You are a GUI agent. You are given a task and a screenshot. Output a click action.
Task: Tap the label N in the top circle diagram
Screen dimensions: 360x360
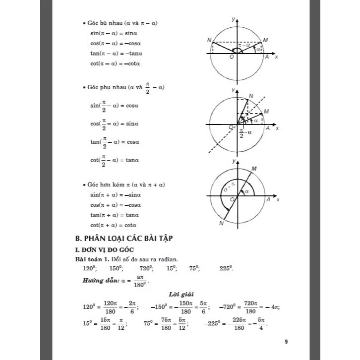209,40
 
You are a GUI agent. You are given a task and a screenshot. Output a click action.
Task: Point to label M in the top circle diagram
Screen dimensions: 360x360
265,40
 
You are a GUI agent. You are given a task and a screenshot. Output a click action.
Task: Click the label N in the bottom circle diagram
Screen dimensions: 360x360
221,224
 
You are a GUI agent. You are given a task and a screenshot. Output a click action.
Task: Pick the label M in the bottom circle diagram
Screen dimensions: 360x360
254,170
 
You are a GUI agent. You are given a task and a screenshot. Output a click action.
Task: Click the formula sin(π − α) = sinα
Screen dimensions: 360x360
114,33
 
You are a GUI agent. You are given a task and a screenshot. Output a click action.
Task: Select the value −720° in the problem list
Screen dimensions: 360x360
144,268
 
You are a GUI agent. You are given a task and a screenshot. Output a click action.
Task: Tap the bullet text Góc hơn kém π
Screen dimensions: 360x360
106,185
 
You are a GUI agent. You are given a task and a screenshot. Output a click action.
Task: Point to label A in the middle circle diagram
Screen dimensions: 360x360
267,128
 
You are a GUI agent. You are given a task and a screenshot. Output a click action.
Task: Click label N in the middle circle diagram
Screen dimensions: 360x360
251,96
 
